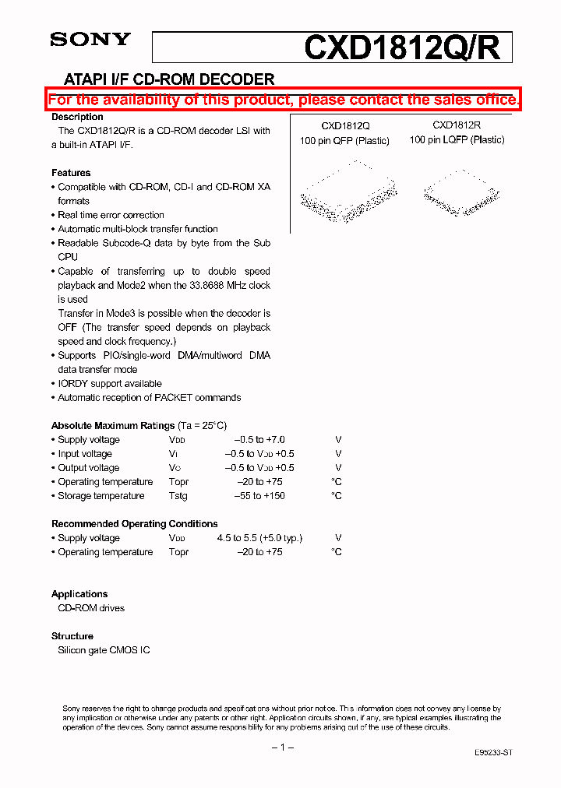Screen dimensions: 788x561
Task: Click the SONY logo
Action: click(90, 39)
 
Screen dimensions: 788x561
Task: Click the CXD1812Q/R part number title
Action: click(407, 48)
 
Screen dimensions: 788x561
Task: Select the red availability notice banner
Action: click(283, 100)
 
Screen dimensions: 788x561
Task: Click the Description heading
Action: click(77, 117)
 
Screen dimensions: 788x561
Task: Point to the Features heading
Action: click(71, 173)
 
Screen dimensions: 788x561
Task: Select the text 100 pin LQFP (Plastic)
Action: click(457, 140)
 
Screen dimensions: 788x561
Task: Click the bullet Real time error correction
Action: click(111, 215)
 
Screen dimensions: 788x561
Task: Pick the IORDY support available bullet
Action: click(110, 384)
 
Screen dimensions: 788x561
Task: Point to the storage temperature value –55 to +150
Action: click(260, 496)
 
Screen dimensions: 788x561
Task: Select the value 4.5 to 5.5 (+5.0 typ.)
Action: click(259, 538)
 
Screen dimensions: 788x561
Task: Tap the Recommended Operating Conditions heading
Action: click(134, 524)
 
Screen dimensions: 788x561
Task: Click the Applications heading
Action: click(79, 594)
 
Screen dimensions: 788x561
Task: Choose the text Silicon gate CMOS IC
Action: click(104, 650)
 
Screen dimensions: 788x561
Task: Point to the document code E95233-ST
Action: click(493, 754)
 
